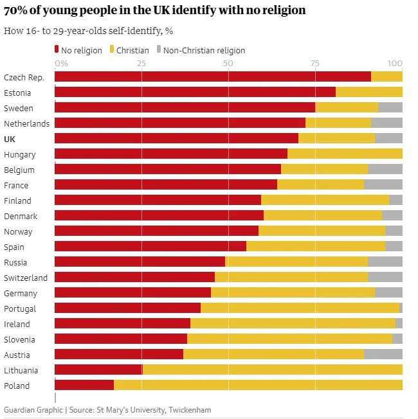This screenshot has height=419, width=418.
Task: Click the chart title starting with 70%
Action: click(x=154, y=10)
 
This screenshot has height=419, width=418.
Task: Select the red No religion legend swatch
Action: click(x=57, y=49)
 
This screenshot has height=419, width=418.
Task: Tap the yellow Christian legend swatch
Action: click(x=113, y=49)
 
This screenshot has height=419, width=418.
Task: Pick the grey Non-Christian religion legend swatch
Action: click(x=159, y=49)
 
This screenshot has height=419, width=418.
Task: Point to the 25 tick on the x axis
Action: click(x=141, y=64)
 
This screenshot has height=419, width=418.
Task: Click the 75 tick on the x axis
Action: click(x=314, y=64)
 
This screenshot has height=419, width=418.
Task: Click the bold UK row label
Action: click(x=10, y=139)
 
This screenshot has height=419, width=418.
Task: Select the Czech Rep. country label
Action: click(x=24, y=77)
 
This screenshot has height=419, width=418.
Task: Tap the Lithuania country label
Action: click(x=21, y=370)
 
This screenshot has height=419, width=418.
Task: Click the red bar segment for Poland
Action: click(x=84, y=385)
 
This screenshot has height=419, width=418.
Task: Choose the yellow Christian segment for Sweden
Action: click(x=347, y=107)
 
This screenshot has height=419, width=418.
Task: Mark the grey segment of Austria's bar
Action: click(x=383, y=354)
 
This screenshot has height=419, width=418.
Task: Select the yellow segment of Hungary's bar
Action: click(x=345, y=154)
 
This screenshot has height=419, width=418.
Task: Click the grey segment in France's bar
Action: click(x=383, y=184)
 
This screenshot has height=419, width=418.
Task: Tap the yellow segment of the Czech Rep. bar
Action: click(x=386, y=76)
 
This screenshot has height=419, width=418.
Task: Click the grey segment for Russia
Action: click(x=385, y=262)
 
